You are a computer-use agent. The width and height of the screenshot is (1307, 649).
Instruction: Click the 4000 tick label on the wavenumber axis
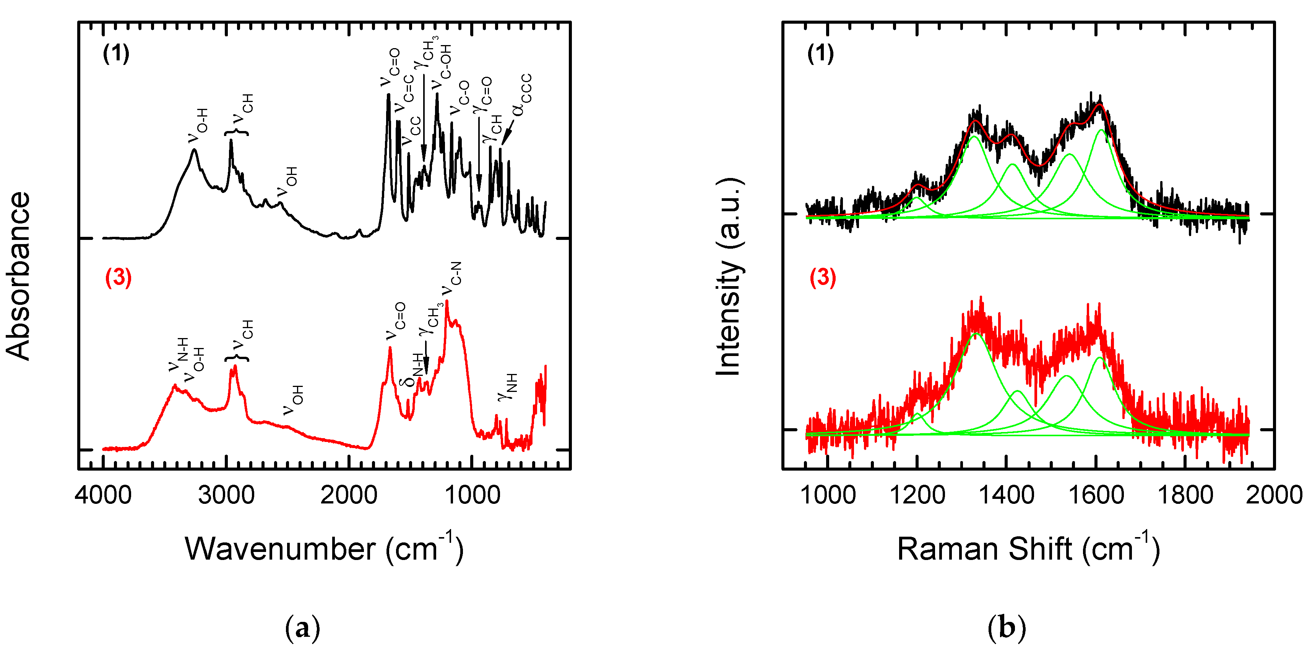click(x=104, y=494)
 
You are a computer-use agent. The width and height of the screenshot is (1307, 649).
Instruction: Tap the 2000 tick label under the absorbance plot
click(x=349, y=494)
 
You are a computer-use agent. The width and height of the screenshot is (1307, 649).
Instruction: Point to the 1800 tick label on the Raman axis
click(x=1185, y=494)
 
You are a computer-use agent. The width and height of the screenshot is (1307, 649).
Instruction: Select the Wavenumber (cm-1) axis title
click(x=324, y=549)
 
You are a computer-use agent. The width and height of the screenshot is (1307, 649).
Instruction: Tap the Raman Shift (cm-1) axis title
click(x=1028, y=549)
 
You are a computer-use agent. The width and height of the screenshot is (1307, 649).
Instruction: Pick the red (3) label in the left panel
click(x=118, y=277)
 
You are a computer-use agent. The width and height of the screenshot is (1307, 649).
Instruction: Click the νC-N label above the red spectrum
click(x=451, y=278)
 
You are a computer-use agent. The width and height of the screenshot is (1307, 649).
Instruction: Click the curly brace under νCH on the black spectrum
click(x=236, y=133)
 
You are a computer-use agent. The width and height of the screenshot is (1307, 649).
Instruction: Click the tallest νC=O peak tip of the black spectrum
click(x=389, y=94)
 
